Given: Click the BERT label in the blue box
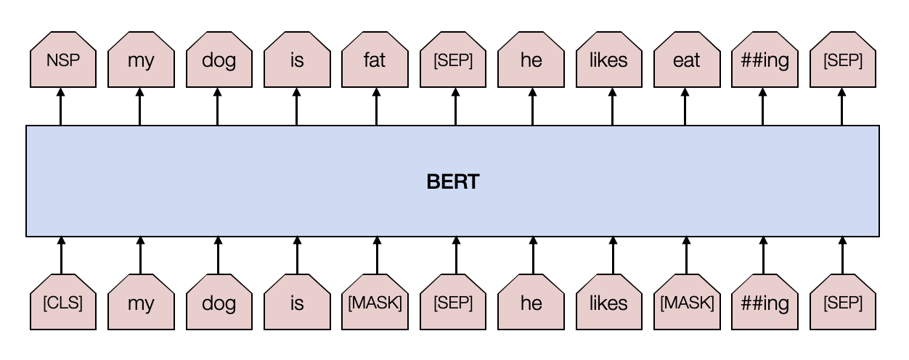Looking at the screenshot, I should point(453,181).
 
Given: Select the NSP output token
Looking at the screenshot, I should point(62,62).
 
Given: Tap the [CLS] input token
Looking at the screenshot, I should point(62,303).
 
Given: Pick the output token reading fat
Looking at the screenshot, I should point(375,62).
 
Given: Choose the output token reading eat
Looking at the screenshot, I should point(687,62).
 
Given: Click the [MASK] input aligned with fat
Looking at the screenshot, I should point(375,303).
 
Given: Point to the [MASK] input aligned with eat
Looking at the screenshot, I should point(687,303).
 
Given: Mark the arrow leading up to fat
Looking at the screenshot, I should point(376,109).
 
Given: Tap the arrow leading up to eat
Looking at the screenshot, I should point(686,109).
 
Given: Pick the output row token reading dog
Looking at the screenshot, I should point(219,62).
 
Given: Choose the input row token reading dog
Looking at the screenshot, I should point(219,303).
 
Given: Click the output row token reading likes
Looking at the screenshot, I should point(608,62).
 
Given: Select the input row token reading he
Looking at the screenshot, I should point(531,303).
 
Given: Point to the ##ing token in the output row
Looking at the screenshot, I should point(765,62).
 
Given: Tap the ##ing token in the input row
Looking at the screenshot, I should point(765,303).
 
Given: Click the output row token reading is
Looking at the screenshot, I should point(296,62).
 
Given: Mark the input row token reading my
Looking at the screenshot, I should point(140,303).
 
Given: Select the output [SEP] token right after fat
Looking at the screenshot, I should point(453,62).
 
